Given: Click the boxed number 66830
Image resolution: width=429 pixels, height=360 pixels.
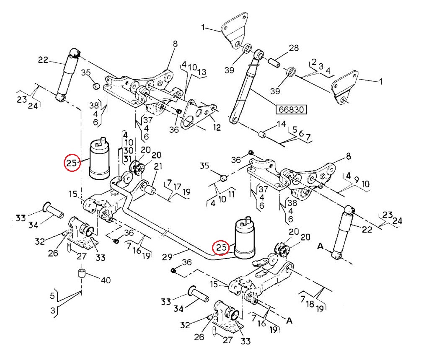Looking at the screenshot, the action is [x=291, y=109].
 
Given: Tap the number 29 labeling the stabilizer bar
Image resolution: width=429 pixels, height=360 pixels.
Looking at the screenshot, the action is [x=167, y=257].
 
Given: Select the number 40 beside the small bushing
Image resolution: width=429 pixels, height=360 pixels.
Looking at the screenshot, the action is [x=106, y=280].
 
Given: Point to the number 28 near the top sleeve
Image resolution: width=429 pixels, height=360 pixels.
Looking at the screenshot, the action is [x=294, y=48].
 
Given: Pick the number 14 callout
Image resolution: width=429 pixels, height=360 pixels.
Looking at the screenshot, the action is [x=281, y=124].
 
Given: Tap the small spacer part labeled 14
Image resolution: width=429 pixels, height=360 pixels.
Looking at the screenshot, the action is [x=263, y=135].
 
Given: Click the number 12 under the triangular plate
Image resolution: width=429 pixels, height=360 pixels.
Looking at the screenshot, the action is [x=217, y=127].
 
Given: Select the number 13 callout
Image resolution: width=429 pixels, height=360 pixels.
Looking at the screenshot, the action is [x=202, y=72].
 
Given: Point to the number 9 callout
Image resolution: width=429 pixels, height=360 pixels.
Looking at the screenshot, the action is [x=356, y=180].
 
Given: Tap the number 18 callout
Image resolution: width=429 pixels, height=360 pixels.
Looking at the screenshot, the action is [x=310, y=304].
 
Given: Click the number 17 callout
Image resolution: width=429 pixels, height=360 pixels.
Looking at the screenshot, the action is [x=177, y=186].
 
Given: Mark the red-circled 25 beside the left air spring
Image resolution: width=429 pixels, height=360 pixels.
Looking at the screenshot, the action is [x=72, y=163].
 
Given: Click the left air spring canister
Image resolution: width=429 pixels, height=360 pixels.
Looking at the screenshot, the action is [x=100, y=159].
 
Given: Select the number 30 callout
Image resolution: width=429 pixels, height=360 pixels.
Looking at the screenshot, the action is [x=128, y=150].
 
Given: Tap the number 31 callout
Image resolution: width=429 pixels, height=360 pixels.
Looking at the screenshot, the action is [x=127, y=159].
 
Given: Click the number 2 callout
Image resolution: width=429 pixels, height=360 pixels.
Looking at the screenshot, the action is [x=314, y=62].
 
